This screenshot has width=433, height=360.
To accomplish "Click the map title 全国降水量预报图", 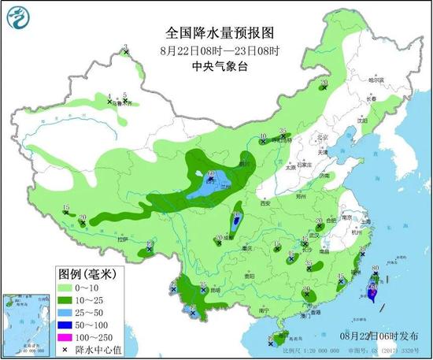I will click(x=219, y=33).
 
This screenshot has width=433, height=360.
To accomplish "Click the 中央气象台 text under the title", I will click(x=220, y=67).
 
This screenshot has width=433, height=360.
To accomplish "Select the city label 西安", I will click(x=264, y=204).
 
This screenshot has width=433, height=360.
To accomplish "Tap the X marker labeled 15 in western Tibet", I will click(x=65, y=212).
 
